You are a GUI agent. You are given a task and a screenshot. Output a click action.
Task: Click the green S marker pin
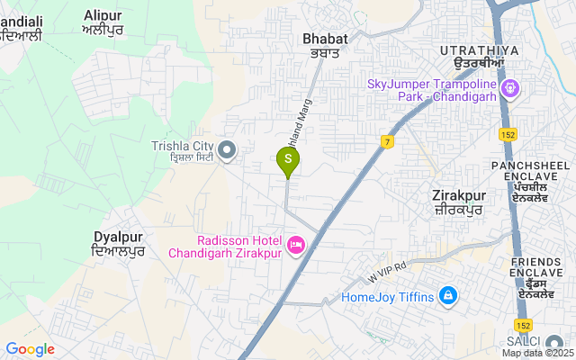(x=287, y=159)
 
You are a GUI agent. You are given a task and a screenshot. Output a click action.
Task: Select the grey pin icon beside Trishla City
(x=228, y=149)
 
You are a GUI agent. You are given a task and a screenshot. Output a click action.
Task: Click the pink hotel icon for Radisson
(x=295, y=245)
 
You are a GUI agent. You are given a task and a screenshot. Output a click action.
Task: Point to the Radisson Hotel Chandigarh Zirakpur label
(x=225, y=246)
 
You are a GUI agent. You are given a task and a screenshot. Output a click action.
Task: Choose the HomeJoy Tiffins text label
(x=388, y=297)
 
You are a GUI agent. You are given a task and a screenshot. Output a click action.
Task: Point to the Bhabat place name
(x=324, y=45)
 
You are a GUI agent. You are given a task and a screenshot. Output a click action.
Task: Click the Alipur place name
(x=103, y=22)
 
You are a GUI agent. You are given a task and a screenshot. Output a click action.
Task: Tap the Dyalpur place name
(x=119, y=243)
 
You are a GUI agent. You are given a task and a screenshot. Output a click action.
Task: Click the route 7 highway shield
(x=387, y=141)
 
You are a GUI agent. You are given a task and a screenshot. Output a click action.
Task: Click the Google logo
(x=30, y=349)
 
